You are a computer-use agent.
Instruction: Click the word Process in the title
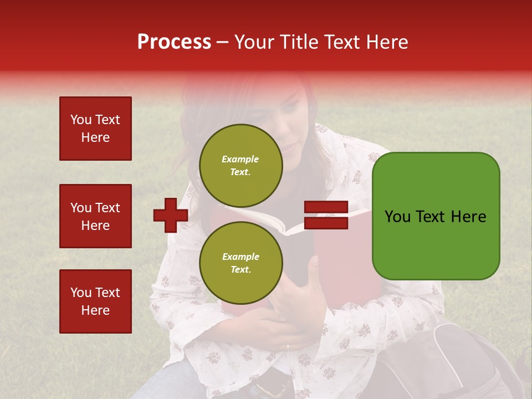[174, 42]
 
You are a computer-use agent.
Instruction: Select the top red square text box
[95, 129]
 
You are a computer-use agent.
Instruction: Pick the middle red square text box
[95, 216]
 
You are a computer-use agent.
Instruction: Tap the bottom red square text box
[95, 301]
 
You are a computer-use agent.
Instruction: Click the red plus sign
[170, 215]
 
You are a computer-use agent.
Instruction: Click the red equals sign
[326, 215]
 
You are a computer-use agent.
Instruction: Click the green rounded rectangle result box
[436, 216]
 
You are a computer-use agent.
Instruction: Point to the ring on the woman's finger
[288, 347]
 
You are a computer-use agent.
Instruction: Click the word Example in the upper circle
[240, 159]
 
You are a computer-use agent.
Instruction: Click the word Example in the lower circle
[241, 257]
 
